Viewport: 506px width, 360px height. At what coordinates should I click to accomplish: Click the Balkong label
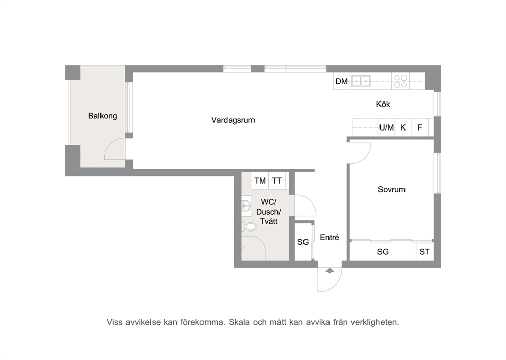103,116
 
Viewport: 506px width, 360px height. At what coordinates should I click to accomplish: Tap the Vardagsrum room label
233,120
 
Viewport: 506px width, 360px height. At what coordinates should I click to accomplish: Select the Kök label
383,104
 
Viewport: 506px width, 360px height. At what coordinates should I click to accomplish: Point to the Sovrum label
392,189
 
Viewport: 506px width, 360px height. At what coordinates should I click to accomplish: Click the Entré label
330,237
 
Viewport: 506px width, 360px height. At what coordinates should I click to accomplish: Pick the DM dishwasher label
341,81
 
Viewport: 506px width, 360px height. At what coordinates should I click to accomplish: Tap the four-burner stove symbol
400,81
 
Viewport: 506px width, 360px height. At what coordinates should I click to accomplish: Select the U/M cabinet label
387,127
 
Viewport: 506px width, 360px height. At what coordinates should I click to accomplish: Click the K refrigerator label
403,127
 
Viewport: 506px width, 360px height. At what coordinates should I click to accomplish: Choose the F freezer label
420,127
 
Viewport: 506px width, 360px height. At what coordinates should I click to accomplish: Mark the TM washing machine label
260,181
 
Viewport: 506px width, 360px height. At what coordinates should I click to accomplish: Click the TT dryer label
277,181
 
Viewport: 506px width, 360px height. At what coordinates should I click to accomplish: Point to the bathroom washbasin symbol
246,206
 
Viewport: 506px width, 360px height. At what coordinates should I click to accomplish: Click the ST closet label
424,252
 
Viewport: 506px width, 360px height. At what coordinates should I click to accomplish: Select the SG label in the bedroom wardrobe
383,252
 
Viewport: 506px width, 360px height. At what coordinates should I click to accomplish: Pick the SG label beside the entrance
303,242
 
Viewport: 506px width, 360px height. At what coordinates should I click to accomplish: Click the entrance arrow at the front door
330,270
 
